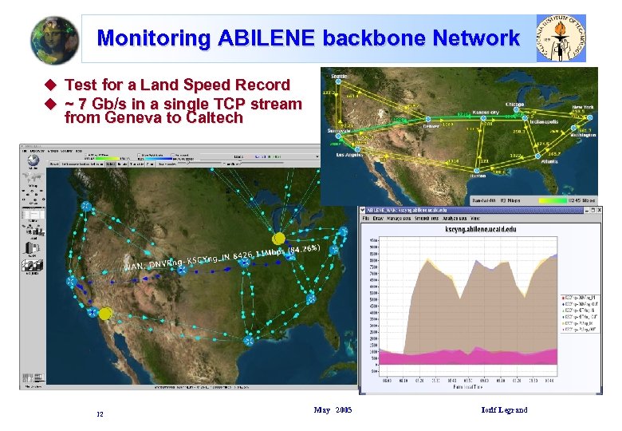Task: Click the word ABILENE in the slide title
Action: tap(267, 38)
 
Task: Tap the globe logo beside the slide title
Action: tap(54, 38)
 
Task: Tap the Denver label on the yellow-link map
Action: tap(431, 126)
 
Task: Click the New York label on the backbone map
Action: tap(583, 106)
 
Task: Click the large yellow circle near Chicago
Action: tap(278, 239)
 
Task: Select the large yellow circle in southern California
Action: tap(104, 314)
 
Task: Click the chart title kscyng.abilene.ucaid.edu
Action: tap(466, 228)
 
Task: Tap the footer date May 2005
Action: tap(333, 410)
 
